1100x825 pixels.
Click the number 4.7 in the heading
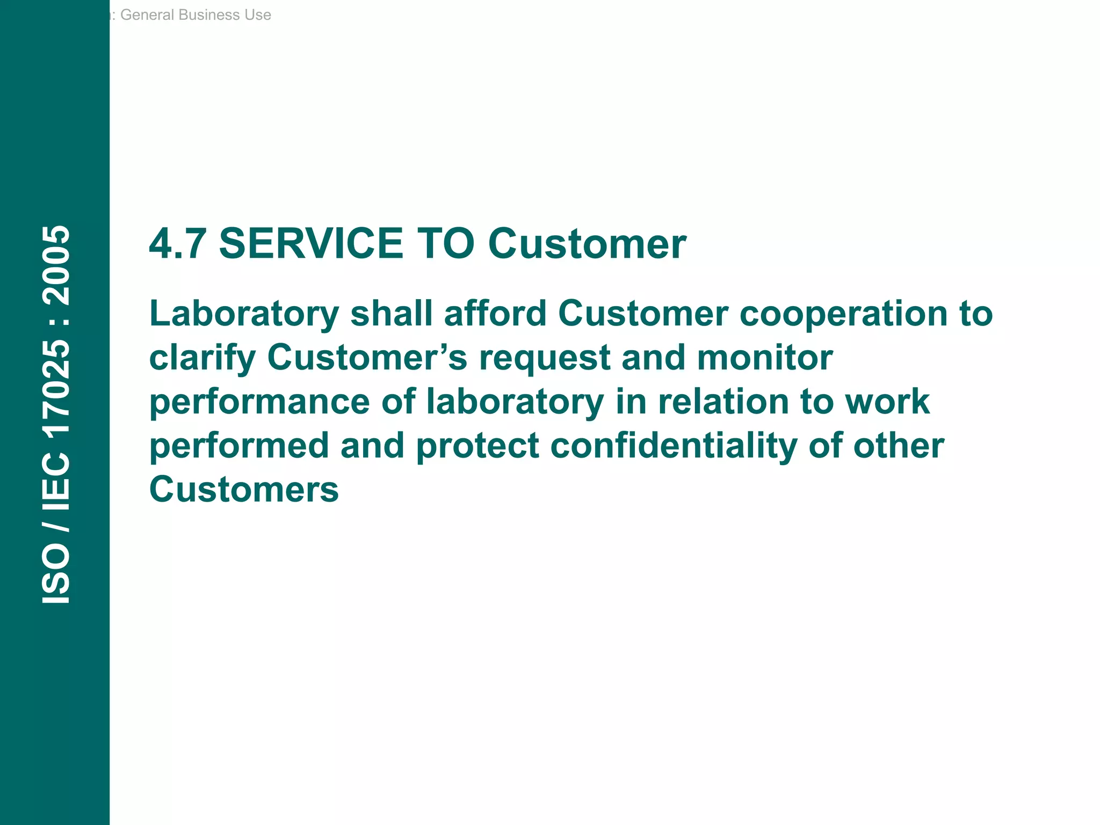(177, 244)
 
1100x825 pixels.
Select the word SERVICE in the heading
(311, 244)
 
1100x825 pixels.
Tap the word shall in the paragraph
(391, 314)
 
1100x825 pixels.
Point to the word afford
(495, 314)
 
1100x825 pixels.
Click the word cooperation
(843, 314)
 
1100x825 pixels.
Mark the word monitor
(764, 358)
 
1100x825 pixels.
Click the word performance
(259, 403)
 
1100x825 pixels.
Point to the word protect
(477, 447)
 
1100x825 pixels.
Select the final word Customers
(244, 490)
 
